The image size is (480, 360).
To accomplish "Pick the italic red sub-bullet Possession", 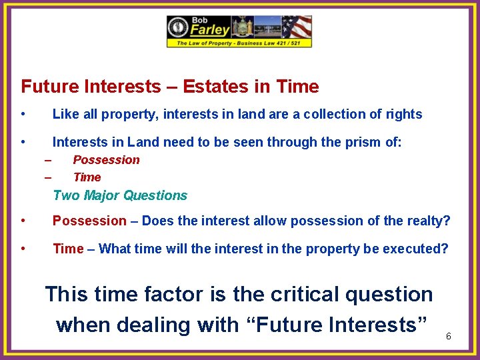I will click(x=106, y=160).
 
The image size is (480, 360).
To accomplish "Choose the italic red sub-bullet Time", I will click(x=87, y=177).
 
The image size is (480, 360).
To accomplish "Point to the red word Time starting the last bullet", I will click(x=68, y=249).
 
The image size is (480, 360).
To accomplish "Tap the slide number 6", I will click(x=448, y=336).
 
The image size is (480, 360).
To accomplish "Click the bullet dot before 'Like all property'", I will click(x=23, y=114).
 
